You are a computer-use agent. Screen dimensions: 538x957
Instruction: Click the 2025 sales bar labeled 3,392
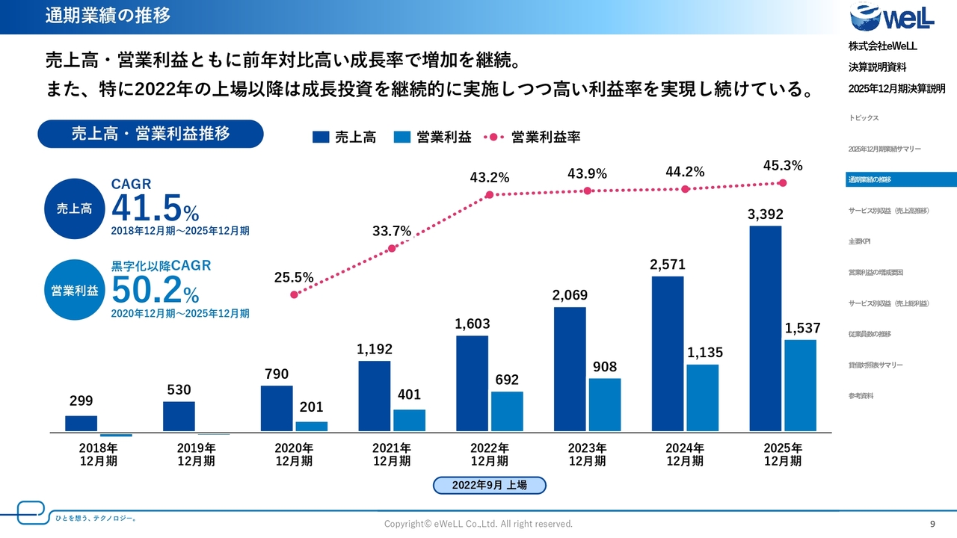tap(765, 329)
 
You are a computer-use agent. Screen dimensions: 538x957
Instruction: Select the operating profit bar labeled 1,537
tap(800, 386)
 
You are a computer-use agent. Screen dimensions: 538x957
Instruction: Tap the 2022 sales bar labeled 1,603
tap(472, 383)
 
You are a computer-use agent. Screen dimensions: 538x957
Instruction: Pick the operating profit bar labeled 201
tap(311, 427)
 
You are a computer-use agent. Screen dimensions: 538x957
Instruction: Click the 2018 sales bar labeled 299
tap(81, 424)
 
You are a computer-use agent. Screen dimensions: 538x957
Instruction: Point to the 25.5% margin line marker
tap(294, 294)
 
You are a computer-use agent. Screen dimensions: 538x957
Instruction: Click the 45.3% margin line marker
tap(783, 182)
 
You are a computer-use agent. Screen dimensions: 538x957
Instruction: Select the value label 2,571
tap(668, 265)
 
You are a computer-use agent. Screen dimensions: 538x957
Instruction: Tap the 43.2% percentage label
tap(490, 178)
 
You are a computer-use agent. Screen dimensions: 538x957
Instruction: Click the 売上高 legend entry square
tap(321, 137)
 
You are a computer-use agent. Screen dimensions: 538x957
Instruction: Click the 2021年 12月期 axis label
tap(392, 454)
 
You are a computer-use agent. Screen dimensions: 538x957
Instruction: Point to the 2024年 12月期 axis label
tap(685, 454)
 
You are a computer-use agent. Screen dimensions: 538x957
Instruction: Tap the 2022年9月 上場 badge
tap(490, 485)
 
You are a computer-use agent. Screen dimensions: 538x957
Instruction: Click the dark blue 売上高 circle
tap(74, 208)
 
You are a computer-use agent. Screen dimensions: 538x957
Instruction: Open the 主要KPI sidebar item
tap(859, 241)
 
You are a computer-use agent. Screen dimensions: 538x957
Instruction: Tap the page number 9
tap(932, 523)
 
